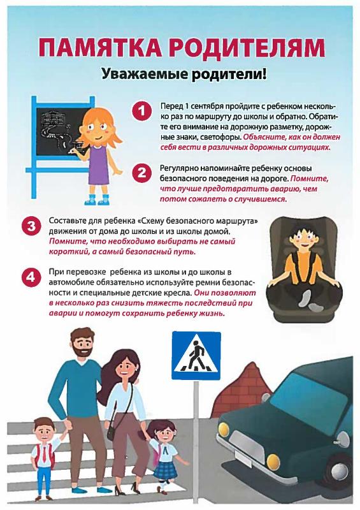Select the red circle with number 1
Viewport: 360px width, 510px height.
coord(142,111)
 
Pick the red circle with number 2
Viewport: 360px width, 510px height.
coord(142,173)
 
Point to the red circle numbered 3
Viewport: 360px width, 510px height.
coord(31,226)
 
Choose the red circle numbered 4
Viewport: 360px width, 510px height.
coord(31,277)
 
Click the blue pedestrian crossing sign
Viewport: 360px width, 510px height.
coord(196,356)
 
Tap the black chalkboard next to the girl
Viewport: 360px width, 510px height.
coord(59,130)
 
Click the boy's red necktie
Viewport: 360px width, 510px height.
coord(44,454)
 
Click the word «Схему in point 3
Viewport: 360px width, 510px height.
coord(151,221)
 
